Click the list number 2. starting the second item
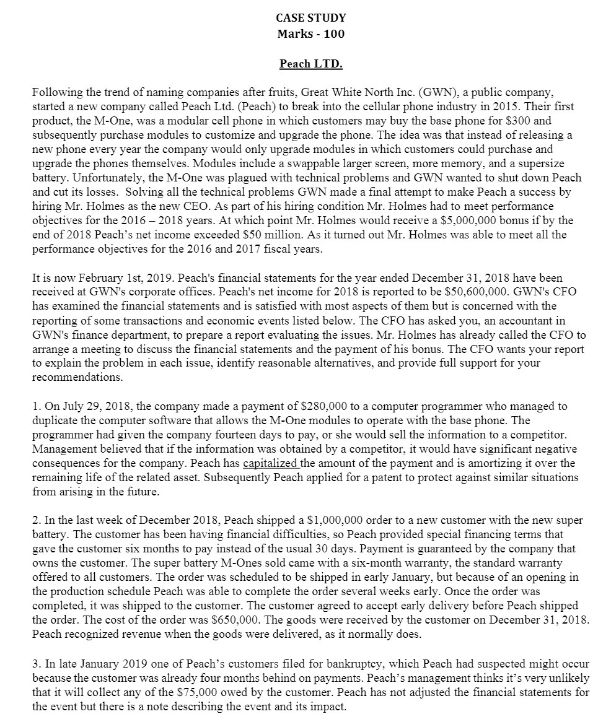tap(35, 520)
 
